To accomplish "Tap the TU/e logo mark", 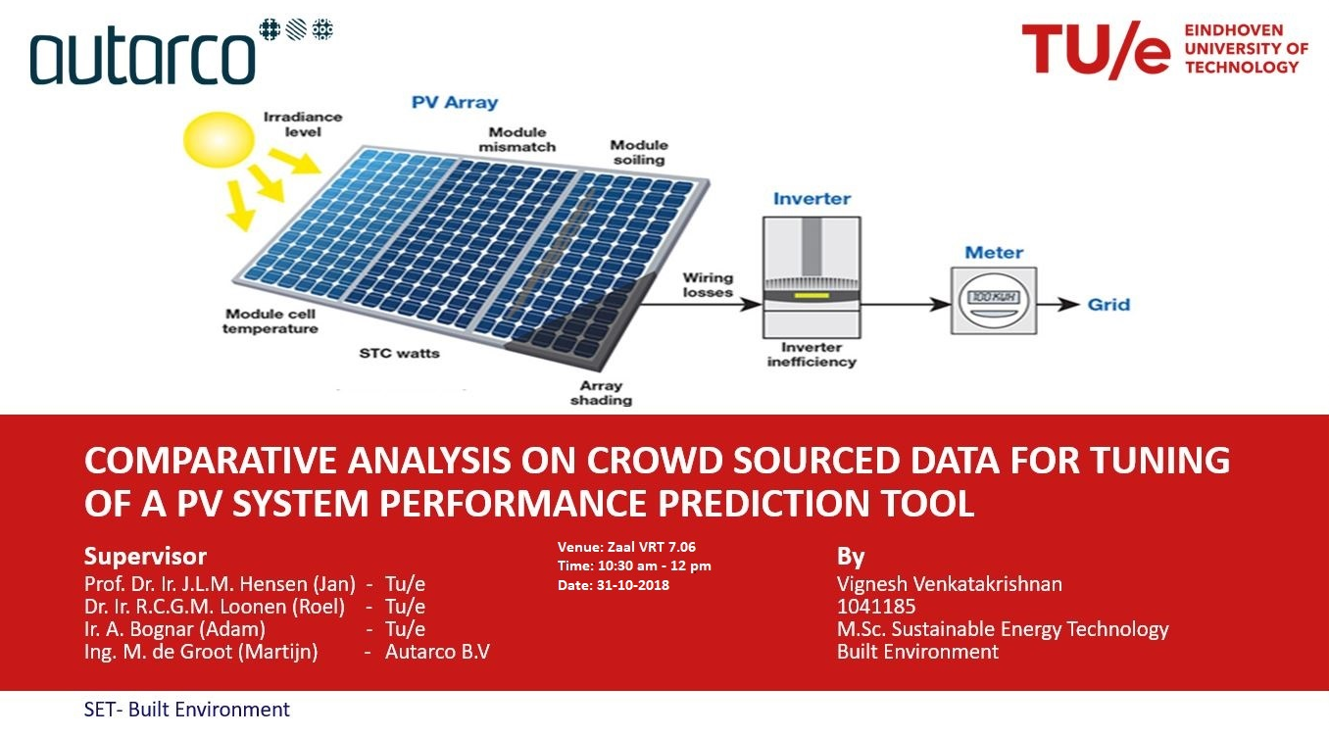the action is pyautogui.click(x=1095, y=50).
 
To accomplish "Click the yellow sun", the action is pyautogui.click(x=219, y=140).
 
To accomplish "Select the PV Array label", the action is pyautogui.click(x=455, y=102).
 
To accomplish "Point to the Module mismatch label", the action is pyautogui.click(x=517, y=139).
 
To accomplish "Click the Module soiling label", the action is pyautogui.click(x=639, y=152).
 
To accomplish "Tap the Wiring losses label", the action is pyautogui.click(x=708, y=285).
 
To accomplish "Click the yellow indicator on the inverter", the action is pyautogui.click(x=812, y=295).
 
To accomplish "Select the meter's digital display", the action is pyautogui.click(x=994, y=297).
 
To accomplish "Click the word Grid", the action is pyautogui.click(x=1108, y=305).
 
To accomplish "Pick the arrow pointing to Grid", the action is pyautogui.click(x=1058, y=305).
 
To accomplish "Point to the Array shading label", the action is pyautogui.click(x=601, y=393).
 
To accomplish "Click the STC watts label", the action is pyautogui.click(x=399, y=353).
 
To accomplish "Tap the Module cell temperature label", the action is pyautogui.click(x=270, y=321).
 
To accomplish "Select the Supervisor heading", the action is pyautogui.click(x=145, y=556).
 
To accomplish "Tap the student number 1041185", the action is pyautogui.click(x=876, y=607).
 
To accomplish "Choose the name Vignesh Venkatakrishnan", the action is pyautogui.click(x=950, y=584).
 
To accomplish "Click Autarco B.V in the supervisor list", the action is pyautogui.click(x=437, y=652).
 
